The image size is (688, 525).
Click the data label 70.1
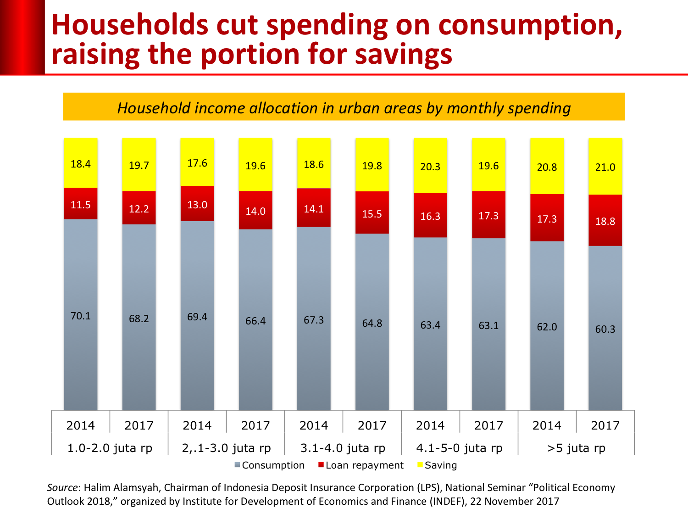(81, 316)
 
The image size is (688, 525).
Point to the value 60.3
(605, 329)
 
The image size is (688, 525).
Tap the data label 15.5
(372, 214)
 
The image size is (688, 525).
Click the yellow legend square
(420, 464)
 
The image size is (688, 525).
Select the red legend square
(321, 464)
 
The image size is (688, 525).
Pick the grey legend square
(237, 464)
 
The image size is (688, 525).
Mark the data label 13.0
(197, 205)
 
